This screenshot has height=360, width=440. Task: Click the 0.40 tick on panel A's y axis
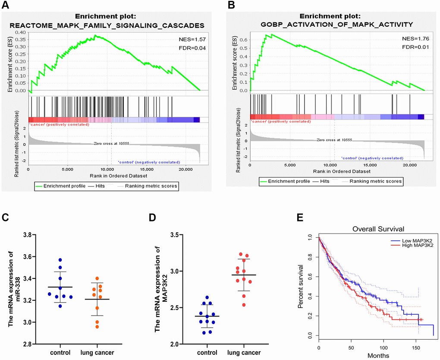tap(20, 32)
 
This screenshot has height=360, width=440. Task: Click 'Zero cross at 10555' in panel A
tap(111, 143)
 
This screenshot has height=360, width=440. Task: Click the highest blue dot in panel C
tap(60, 260)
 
